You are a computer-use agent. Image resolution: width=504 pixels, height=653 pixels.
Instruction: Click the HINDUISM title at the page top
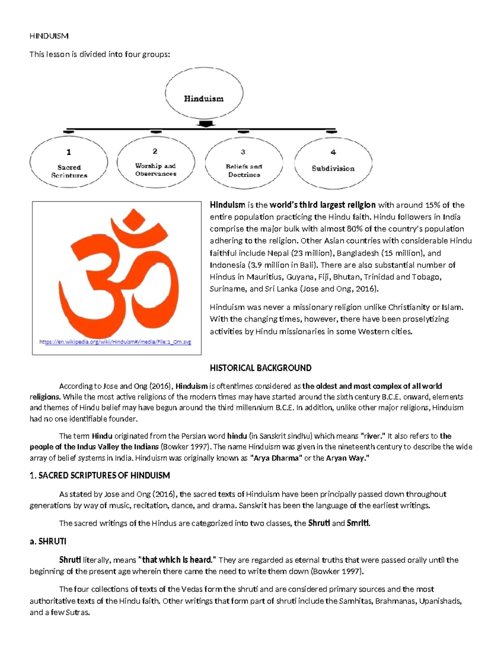point(49,36)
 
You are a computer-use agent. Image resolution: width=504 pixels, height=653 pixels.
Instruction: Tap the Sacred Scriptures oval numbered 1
point(69,163)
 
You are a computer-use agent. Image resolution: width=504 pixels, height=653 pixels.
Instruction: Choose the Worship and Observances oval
point(155,162)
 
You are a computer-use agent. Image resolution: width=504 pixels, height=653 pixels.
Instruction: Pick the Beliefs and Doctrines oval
point(244,163)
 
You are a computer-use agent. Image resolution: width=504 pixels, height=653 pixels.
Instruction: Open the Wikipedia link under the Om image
point(115,342)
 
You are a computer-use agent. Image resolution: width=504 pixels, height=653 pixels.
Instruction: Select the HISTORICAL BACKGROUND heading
point(260,368)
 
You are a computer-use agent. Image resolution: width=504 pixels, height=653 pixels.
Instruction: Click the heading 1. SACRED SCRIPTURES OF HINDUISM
point(100,476)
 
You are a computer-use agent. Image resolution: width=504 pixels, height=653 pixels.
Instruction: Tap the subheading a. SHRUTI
point(48,542)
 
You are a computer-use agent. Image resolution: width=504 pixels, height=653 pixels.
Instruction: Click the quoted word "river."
point(373,436)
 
